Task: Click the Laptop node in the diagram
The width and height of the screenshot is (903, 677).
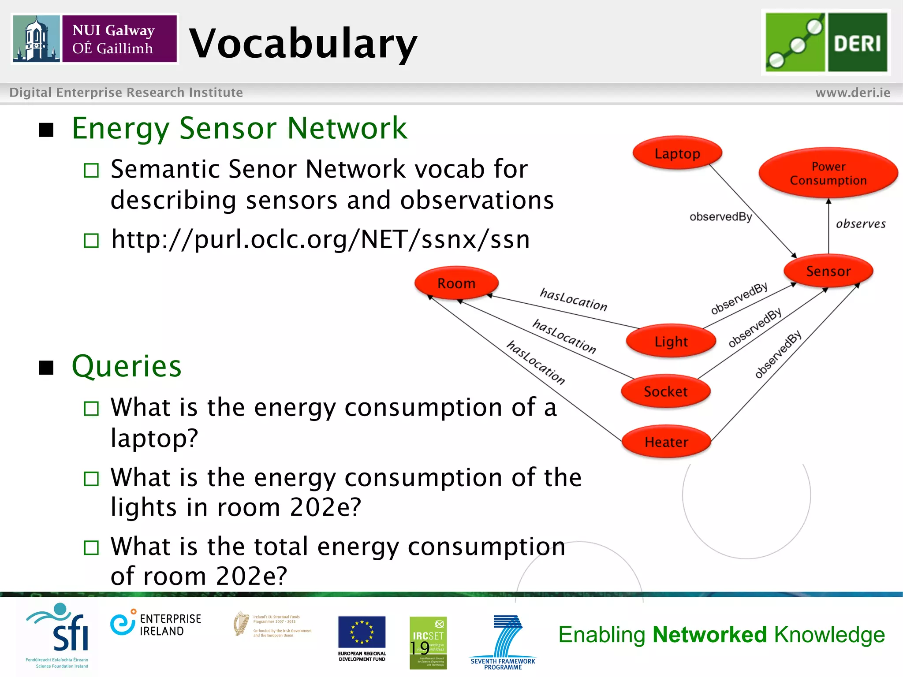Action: [x=677, y=153]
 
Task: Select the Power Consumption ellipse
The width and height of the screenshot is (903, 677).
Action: [x=828, y=173]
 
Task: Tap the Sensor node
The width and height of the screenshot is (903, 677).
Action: [x=828, y=271]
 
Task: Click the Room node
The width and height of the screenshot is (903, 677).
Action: [x=456, y=283]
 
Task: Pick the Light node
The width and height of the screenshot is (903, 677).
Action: [x=671, y=342]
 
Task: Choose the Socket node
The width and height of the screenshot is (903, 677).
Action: [x=665, y=391]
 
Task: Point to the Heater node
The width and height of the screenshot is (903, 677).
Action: [x=666, y=442]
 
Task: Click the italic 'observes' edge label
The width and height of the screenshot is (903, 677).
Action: [x=860, y=224]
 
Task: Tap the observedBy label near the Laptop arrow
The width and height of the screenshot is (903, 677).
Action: [x=720, y=217]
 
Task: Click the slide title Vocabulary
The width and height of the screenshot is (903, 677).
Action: [x=303, y=43]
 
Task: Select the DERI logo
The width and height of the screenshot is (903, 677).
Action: [x=826, y=42]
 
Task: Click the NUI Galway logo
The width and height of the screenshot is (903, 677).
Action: [x=95, y=39]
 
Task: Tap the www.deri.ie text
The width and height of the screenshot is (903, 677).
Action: [x=852, y=93]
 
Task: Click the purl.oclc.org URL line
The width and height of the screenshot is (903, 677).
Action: [x=320, y=239]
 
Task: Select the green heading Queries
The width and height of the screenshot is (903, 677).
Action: [x=127, y=366]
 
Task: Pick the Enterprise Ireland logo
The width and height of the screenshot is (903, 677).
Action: [x=156, y=624]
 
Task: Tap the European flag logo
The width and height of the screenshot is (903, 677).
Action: [x=362, y=632]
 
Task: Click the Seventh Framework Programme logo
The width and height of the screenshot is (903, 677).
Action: [x=503, y=641]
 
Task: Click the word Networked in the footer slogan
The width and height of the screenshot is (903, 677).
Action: [x=710, y=635]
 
